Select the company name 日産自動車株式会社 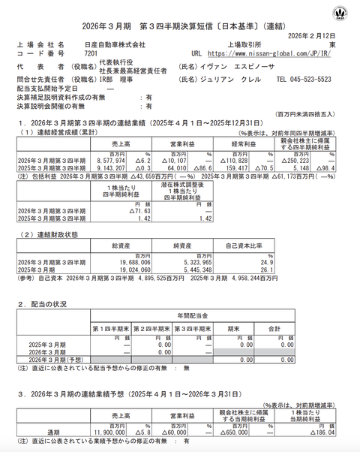pyautogui.click(x=115, y=44)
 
